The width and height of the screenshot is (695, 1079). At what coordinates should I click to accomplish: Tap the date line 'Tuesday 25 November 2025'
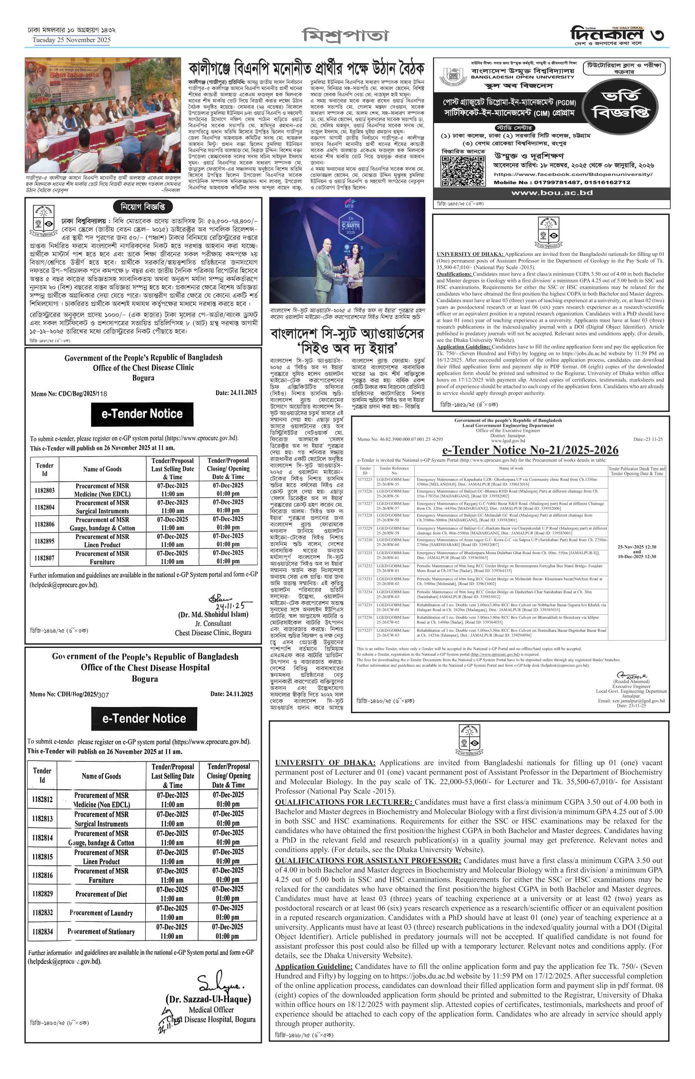[71, 40]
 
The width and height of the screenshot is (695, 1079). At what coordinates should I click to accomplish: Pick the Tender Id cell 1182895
[45, 541]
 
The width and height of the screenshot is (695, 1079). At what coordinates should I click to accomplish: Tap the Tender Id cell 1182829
[42, 894]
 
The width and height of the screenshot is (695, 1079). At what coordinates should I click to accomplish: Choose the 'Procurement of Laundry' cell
[101, 913]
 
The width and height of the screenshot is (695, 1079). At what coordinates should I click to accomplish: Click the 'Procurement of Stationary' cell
[101, 932]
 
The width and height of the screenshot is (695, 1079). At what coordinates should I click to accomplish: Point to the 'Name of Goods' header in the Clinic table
[102, 469]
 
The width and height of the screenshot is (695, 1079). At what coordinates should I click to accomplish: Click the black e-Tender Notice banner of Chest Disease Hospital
[144, 719]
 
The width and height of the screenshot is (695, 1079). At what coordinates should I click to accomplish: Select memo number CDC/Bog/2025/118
[69, 394]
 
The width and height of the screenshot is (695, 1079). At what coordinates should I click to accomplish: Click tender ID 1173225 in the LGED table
[364, 480]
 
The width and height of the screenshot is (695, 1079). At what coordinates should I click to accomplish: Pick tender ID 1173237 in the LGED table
[364, 630]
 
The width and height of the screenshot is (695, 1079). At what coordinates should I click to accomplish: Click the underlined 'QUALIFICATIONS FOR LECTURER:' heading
[344, 802]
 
